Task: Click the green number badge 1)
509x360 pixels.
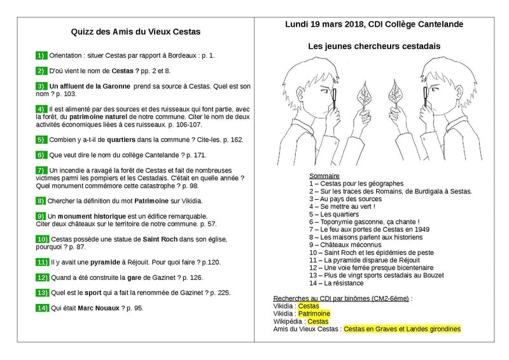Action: (x=41, y=55)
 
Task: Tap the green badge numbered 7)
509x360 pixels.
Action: (x=41, y=170)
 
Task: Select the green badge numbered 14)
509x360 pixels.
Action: (x=42, y=308)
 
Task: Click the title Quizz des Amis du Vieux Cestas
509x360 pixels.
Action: (x=136, y=32)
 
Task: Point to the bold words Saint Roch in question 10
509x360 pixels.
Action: (x=160, y=239)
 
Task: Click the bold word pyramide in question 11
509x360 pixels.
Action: (x=105, y=262)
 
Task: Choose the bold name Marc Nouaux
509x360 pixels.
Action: (x=99, y=308)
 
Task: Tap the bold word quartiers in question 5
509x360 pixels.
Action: (x=121, y=140)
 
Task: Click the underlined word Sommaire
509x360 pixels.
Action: (x=324, y=176)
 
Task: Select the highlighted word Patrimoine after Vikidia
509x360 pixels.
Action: (x=314, y=314)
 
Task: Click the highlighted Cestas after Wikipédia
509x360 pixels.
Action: (x=317, y=321)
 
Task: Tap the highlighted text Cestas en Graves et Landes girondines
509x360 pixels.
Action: (x=402, y=329)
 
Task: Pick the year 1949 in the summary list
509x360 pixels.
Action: (x=422, y=230)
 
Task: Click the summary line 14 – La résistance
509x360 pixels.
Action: (x=337, y=284)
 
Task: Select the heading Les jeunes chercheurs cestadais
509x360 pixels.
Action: (x=374, y=46)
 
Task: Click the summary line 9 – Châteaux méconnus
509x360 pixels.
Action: (x=345, y=245)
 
